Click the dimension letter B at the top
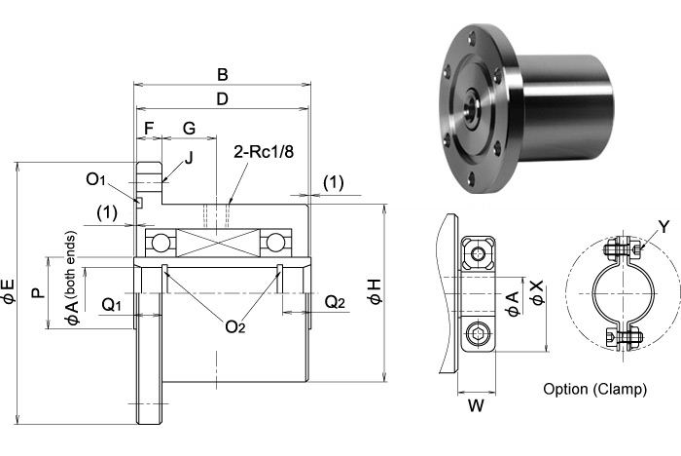point(222,74)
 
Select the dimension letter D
point(222,99)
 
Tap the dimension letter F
point(148,128)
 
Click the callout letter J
point(189,157)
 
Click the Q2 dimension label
point(335,303)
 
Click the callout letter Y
point(663,227)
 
